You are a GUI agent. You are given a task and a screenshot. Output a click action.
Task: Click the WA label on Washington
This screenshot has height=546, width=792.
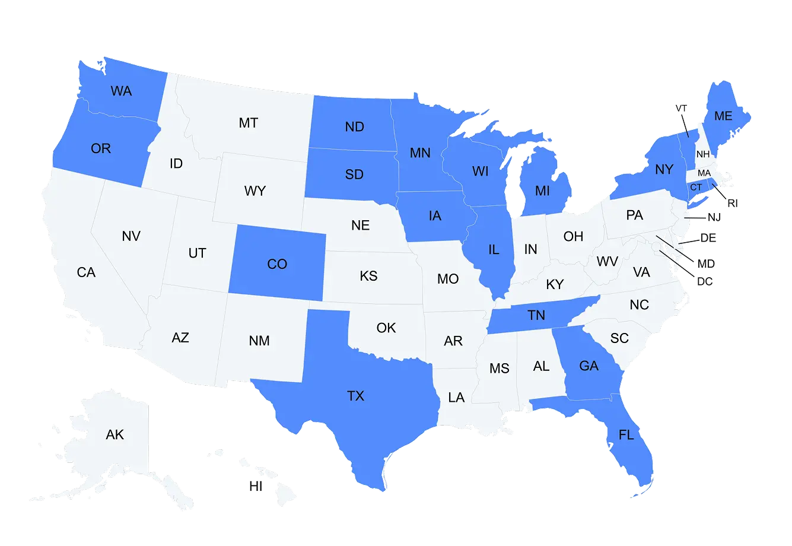point(121,91)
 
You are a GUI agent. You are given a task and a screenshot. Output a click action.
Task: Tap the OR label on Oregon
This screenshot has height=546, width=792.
point(101,148)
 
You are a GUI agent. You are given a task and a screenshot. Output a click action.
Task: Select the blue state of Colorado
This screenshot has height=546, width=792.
point(277,264)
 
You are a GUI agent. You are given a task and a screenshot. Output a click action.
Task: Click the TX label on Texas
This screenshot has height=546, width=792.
point(355,396)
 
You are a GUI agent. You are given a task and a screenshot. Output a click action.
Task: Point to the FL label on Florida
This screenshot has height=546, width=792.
point(626,435)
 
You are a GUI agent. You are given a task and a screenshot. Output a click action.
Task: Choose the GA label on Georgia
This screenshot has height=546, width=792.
point(589,366)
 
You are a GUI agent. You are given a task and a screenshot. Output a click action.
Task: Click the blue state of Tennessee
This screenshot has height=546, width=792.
point(536,316)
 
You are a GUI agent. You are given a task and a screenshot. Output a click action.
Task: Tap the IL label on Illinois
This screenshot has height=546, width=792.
point(494,250)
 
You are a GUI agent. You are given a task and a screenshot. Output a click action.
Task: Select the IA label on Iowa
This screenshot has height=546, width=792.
point(435,216)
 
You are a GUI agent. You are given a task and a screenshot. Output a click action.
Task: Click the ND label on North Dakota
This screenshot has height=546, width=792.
point(355,127)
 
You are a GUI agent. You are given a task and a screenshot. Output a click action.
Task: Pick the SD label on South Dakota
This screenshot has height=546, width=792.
point(355,175)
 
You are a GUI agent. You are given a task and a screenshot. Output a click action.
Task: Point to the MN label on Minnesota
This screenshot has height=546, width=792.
point(420,153)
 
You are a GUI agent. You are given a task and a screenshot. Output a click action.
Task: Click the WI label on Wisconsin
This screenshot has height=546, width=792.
point(481,172)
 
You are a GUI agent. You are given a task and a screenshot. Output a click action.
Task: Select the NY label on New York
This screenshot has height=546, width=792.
point(664,170)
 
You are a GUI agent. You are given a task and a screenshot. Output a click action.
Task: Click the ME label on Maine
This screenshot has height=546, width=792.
point(723,116)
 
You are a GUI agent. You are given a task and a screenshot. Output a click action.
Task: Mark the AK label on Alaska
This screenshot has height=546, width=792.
point(115,435)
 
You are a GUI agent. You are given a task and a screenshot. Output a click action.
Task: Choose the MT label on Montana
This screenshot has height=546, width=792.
point(249,123)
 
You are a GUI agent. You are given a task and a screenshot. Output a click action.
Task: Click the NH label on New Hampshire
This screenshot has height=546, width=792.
point(703,154)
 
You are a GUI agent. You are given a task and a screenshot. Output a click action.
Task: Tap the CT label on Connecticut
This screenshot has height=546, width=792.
point(696,188)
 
